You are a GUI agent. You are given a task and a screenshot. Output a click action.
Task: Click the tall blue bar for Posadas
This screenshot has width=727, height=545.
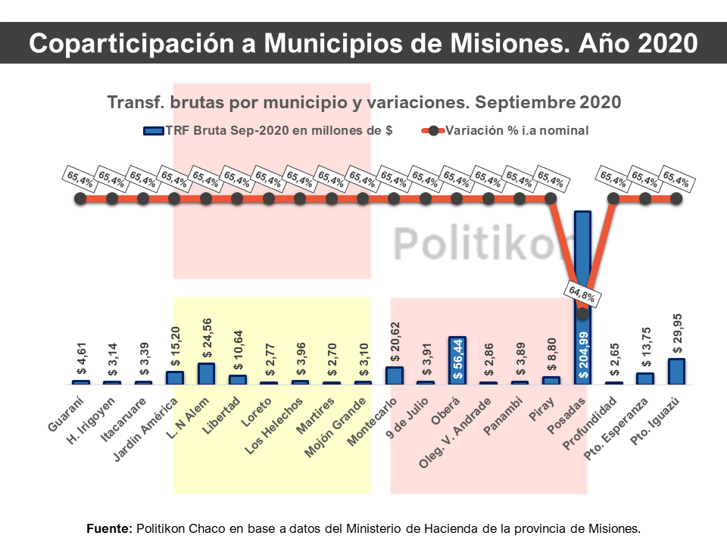[x=582, y=257]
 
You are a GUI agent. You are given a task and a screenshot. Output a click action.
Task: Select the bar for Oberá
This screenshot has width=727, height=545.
[x=457, y=360]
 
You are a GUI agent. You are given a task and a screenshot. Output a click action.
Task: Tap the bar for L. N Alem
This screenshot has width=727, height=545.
[x=206, y=374]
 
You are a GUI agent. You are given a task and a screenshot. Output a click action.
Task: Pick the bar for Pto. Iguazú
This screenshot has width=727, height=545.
[x=676, y=371]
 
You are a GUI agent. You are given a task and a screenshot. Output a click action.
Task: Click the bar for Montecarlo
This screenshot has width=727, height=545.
[x=394, y=375]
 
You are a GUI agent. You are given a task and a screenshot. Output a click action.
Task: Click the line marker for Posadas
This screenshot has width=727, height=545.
[x=582, y=313]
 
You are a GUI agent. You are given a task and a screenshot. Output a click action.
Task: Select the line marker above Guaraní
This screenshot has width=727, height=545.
[x=80, y=199]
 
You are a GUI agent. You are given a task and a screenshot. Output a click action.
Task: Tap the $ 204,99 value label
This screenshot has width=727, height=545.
[x=582, y=354]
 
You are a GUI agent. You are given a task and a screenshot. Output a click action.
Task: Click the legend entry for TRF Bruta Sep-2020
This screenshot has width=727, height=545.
[x=268, y=130]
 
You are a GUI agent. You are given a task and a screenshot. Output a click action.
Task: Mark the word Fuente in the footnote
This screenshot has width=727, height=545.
[x=109, y=528]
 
